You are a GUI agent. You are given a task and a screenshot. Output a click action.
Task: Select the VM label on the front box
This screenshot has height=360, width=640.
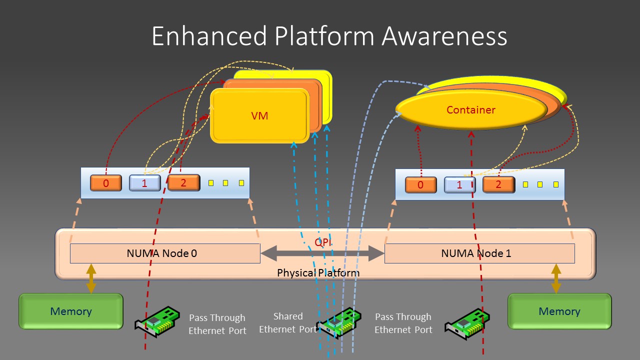pos(259,115)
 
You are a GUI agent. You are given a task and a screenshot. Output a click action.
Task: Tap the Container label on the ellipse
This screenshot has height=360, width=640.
pos(470,109)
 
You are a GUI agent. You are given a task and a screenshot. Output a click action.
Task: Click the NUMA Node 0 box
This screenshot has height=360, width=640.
pos(164,253)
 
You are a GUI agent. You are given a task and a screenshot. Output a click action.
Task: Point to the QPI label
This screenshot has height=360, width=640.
pos(322,242)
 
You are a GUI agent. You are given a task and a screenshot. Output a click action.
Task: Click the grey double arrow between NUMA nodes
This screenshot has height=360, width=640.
pos(322,253)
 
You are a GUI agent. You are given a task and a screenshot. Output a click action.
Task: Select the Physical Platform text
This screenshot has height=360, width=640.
pos(318,273)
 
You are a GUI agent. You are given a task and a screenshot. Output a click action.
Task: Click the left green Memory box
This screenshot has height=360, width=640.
pos(70,311)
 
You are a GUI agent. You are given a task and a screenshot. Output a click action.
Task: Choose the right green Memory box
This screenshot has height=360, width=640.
pos(559,311)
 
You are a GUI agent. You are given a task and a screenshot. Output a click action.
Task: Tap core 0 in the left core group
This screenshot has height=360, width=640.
pos(106,183)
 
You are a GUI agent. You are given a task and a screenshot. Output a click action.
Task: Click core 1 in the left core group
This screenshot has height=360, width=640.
pos(144,183)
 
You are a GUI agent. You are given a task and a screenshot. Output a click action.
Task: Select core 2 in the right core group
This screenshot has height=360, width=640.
pos(498,184)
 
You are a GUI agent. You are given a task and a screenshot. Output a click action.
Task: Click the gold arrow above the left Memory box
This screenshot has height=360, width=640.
pos(91,278)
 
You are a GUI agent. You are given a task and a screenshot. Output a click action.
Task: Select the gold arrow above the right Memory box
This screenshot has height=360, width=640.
pos(556,278)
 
